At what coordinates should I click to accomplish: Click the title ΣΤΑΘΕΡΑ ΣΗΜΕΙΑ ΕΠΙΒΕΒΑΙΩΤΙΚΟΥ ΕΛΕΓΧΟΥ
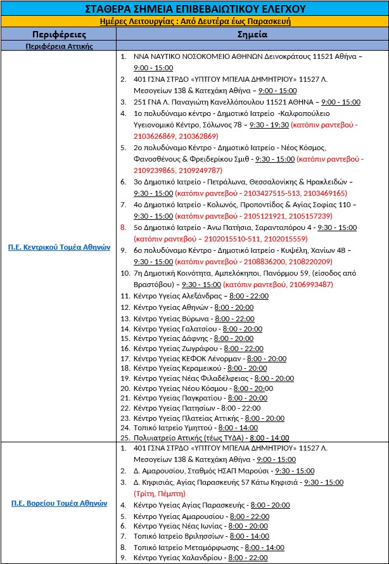click(x=194, y=8)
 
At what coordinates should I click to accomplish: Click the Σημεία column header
click(x=253, y=34)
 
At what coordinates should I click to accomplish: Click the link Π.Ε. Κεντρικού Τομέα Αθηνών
click(x=59, y=248)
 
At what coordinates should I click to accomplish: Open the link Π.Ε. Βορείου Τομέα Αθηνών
click(x=59, y=504)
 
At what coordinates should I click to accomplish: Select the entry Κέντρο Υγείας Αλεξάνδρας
click(x=177, y=296)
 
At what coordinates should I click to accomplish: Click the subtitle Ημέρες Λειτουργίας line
click(x=194, y=21)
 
